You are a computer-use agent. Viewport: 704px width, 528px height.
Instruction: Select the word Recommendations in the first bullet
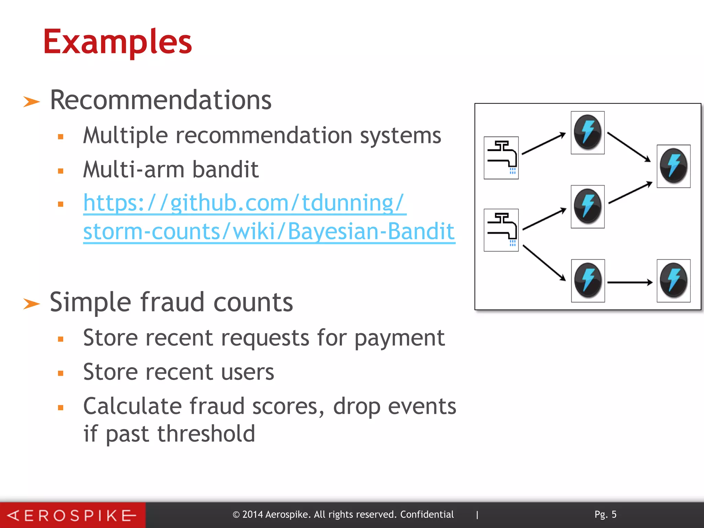pos(161,100)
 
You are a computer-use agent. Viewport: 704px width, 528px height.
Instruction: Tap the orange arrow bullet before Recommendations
pos(32,102)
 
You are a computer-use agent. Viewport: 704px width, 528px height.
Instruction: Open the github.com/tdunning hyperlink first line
pos(244,203)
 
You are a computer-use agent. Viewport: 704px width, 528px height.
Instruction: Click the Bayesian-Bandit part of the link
pos(371,231)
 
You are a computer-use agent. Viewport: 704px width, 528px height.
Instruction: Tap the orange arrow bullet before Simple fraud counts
pos(32,304)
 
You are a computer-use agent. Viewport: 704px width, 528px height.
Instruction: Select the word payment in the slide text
pos(399,338)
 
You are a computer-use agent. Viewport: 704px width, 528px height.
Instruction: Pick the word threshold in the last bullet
pos(206,434)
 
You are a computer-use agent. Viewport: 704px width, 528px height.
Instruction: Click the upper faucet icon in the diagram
pos(501,158)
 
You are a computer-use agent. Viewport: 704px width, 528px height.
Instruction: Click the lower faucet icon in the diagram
pos(501,230)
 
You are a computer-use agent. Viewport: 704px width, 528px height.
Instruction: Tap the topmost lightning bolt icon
pos(588,132)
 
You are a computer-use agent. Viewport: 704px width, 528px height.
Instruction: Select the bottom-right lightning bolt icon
pos(674,280)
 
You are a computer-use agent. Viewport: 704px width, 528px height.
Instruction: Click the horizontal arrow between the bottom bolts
pos(630,282)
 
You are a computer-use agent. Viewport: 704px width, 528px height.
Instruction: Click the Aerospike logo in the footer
pos(72,515)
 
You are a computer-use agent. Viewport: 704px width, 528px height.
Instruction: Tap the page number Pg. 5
pos(605,515)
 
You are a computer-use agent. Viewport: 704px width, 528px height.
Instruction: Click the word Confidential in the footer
pos(427,515)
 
